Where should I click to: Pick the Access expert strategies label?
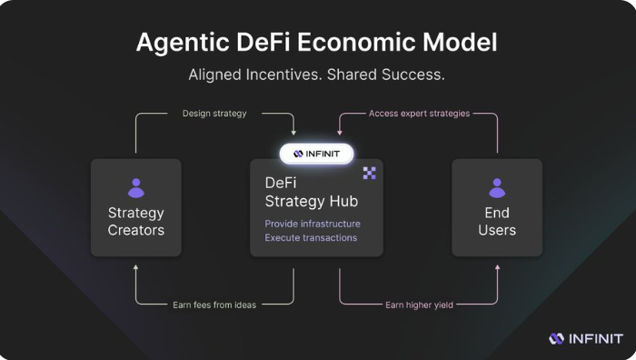(419, 114)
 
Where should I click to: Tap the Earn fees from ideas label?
(214, 305)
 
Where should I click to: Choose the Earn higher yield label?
(419, 305)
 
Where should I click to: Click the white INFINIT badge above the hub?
(316, 154)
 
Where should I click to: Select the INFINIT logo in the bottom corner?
(586, 339)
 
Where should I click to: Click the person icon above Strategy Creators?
(136, 188)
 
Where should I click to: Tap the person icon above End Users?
(497, 188)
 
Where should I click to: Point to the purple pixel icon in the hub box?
(370, 173)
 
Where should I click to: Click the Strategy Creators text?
(136, 221)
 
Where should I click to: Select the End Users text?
(497, 221)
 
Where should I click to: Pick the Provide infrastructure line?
(313, 224)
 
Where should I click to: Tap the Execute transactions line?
(311, 238)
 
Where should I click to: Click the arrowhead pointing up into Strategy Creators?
(136, 268)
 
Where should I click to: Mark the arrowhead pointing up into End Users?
(497, 268)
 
